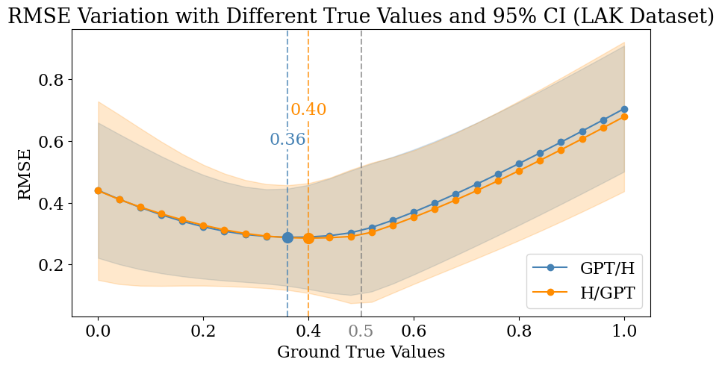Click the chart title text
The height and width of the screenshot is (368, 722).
pyautogui.click(x=361, y=16)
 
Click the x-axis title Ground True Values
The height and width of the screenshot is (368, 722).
pyautogui.click(x=361, y=352)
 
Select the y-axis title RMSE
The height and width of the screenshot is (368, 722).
pyautogui.click(x=25, y=175)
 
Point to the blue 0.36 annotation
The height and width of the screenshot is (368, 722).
pyautogui.click(x=287, y=140)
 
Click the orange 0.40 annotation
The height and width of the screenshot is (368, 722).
pyautogui.click(x=308, y=110)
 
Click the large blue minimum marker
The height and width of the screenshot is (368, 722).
pyautogui.click(x=287, y=237)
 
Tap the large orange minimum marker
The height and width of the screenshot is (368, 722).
pyautogui.click(x=308, y=238)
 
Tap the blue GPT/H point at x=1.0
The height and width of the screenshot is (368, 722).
pyautogui.click(x=624, y=109)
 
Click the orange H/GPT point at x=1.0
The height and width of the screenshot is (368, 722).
pyautogui.click(x=624, y=116)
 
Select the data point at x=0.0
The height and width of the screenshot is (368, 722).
pyautogui.click(x=98, y=190)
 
